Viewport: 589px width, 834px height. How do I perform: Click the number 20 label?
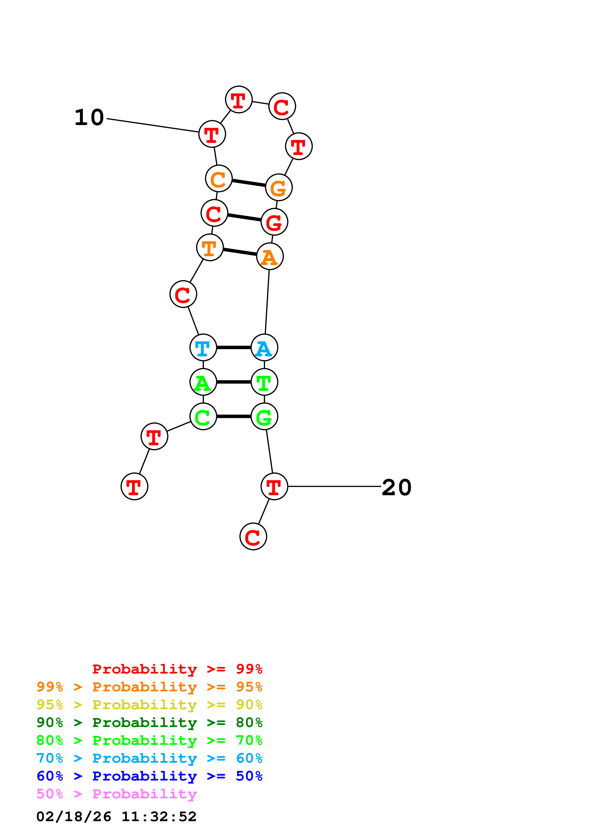point(397,487)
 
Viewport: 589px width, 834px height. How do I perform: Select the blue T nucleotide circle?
point(203,348)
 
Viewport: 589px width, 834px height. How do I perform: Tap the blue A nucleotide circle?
point(264,348)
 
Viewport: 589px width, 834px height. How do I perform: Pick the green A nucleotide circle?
point(203,382)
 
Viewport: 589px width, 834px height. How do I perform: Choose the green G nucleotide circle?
point(264,417)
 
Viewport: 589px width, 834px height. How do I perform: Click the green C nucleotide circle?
point(203,417)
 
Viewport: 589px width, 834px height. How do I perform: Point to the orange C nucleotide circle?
point(219,179)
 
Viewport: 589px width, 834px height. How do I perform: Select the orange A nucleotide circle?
point(270,257)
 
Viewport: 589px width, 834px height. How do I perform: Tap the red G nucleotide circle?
point(274,222)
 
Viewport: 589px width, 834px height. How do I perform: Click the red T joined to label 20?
point(274,486)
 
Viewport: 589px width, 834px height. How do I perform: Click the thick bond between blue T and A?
point(234,348)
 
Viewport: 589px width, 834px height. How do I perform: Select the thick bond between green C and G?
point(234,417)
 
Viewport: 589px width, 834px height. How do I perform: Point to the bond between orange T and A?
point(240,252)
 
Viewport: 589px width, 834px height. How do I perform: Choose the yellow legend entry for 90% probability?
point(149,705)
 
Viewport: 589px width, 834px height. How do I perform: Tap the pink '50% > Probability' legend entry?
point(116,794)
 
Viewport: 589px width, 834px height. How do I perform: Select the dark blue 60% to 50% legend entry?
point(149,776)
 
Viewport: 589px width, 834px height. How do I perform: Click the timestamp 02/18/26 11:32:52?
point(116,817)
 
